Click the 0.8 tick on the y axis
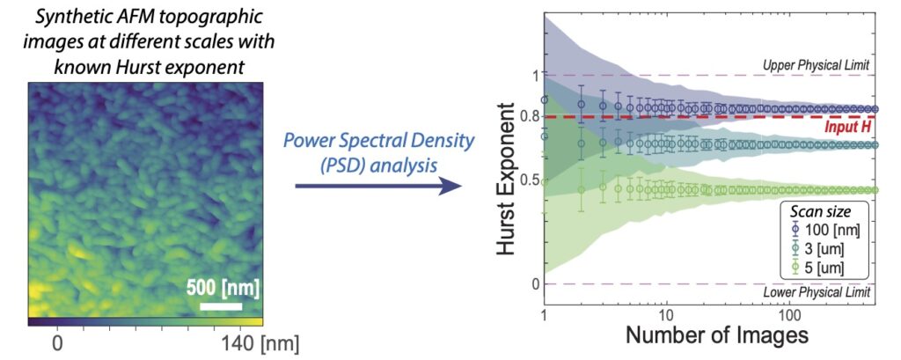tap(529, 117)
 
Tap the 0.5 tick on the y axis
tap(529, 180)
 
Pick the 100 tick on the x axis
tap(789, 315)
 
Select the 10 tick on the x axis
tap(666, 315)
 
